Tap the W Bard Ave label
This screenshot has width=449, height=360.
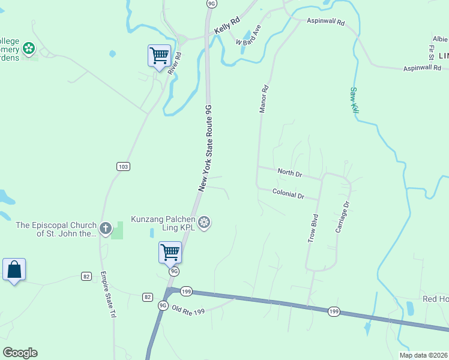[249, 35]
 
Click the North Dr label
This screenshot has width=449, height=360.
[290, 173]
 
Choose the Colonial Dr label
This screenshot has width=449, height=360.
[288, 195]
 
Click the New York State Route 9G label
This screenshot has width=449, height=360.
[205, 148]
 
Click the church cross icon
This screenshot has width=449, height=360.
[106, 228]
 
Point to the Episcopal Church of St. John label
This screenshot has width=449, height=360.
[56, 229]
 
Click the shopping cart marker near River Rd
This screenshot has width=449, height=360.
[159, 56]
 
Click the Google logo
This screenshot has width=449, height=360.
[20, 353]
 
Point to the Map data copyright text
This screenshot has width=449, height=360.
[423, 355]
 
